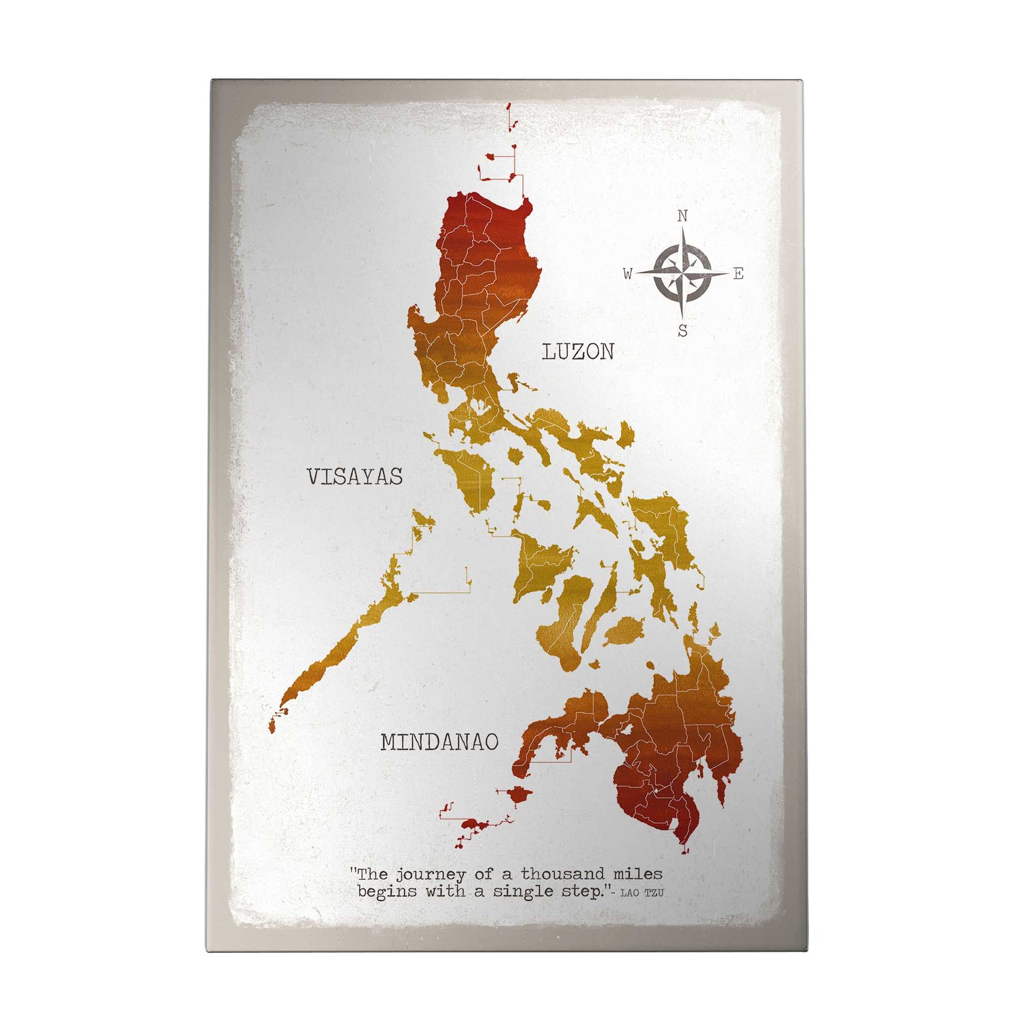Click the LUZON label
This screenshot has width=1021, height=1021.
click(578, 351)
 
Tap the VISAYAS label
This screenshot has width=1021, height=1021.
click(354, 477)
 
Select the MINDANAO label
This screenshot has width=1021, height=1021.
click(440, 742)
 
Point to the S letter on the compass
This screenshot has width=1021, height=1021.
click(683, 332)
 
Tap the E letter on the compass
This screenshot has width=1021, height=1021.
click(738, 274)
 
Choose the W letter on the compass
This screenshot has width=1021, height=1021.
click(627, 274)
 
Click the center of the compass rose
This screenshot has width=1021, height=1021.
click(682, 273)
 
